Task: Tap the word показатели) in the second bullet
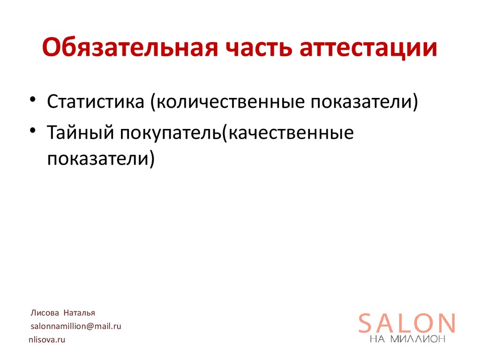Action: pyautogui.click(x=100, y=158)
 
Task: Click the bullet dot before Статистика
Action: pyautogui.click(x=33, y=100)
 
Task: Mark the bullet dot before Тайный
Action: pyautogui.click(x=33, y=132)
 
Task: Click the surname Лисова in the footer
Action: pyautogui.click(x=45, y=313)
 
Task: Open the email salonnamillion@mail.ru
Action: pyautogui.click(x=76, y=326)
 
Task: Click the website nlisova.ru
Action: pyautogui.click(x=47, y=339)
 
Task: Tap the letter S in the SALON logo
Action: pyautogui.click(x=367, y=323)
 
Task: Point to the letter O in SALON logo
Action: pyautogui.click(x=424, y=323)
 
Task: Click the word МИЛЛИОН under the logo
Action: pyautogui.click(x=418, y=339)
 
